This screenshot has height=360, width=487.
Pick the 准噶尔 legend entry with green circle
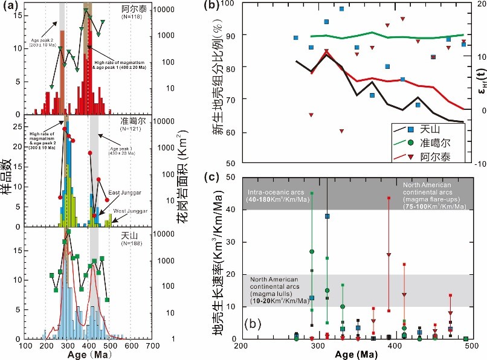(x=427, y=143)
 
